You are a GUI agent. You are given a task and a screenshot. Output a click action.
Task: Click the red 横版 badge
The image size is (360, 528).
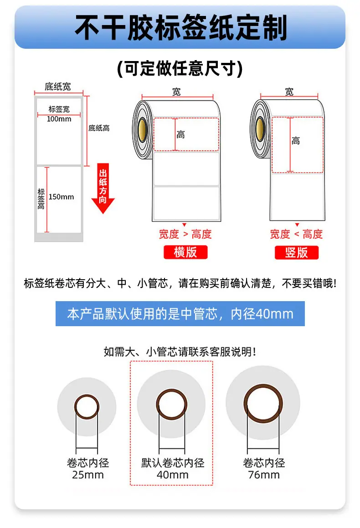185,252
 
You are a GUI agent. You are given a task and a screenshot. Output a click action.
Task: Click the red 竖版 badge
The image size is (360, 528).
296,252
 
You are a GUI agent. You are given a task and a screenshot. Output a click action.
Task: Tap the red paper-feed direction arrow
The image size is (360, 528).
103,189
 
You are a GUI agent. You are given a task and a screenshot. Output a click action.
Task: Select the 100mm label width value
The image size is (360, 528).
59,119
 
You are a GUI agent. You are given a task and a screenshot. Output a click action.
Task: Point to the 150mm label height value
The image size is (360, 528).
61,197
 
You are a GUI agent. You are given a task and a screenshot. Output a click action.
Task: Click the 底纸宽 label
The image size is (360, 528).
58,87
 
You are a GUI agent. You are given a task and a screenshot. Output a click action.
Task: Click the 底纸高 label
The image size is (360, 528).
99,128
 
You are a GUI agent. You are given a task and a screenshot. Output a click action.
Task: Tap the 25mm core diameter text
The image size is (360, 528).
88,475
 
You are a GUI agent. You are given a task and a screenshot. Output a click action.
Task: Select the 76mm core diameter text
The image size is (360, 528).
264,475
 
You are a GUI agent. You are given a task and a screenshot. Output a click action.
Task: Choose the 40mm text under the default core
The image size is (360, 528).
172,475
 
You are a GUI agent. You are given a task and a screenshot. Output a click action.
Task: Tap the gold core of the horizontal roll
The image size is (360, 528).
142,129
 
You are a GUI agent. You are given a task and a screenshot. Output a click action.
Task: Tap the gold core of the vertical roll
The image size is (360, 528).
260,129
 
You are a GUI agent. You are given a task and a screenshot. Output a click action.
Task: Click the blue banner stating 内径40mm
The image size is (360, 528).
180,313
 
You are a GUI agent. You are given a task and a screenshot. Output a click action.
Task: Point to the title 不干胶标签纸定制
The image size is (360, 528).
180,28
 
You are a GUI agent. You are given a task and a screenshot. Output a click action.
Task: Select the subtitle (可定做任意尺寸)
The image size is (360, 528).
180,69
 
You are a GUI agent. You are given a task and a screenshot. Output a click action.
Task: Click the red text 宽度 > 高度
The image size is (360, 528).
185,234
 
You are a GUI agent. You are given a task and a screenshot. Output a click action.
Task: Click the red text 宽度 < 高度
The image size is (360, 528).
296,234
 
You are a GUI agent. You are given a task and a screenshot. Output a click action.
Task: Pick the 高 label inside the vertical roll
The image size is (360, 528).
296,141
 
